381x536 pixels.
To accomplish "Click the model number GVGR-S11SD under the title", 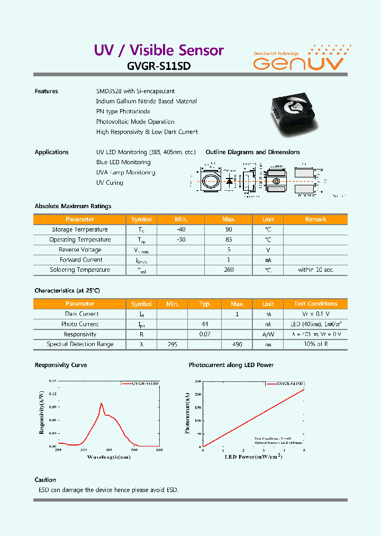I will point(158,67).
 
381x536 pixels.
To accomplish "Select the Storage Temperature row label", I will point(80,229).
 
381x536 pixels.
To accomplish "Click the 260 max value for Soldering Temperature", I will point(229,270).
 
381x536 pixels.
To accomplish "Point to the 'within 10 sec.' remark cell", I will point(315,270).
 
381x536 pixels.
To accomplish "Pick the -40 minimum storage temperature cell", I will point(181,229).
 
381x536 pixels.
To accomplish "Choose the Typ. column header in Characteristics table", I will point(205,304).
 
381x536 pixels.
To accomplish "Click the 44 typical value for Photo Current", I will point(205,324).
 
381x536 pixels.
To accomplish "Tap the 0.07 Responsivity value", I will point(205,334).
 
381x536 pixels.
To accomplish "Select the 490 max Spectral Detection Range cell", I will point(237,344).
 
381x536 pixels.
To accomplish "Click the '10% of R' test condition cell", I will point(315,344).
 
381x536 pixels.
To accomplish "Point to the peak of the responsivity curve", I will point(101,404).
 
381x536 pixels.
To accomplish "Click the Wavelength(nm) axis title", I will point(109,457).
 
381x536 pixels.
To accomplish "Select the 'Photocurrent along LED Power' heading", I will point(231,365).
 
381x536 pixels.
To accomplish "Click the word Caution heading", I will point(45,480).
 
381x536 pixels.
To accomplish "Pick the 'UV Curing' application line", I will point(110,183).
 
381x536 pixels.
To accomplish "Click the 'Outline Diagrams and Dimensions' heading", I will point(252,152).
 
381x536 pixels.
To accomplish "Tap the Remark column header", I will point(315,219).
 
